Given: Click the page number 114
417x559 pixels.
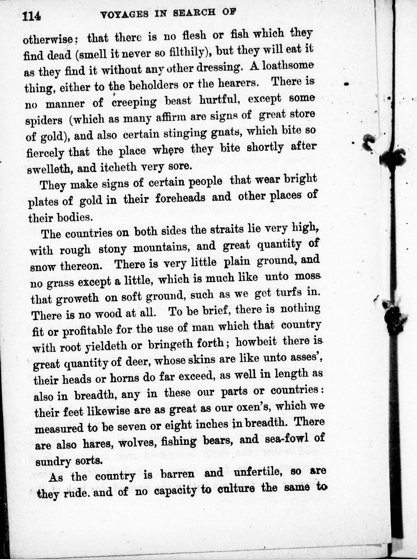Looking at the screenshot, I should point(31,17).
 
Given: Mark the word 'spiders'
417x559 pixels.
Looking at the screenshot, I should point(44,120).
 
